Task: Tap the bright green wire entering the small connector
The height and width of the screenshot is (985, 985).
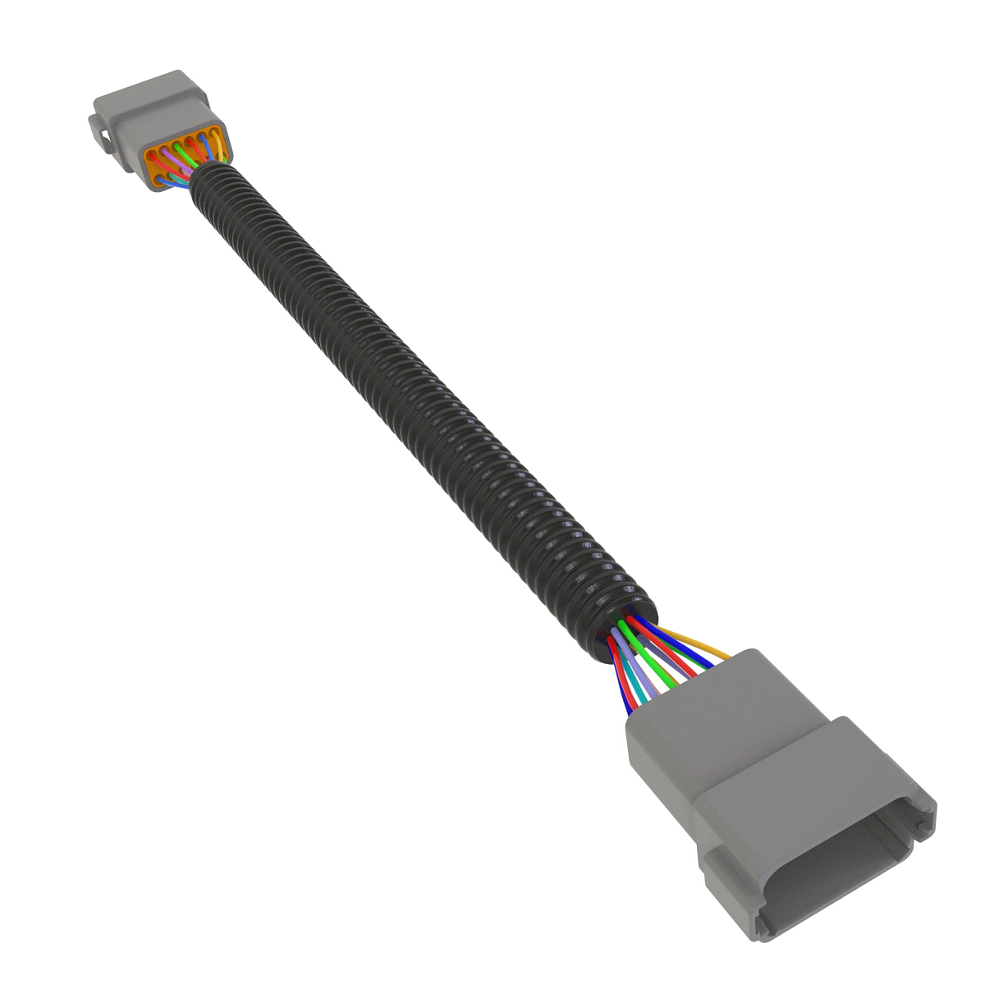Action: coord(184,153)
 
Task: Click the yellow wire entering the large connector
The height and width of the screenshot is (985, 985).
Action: coord(698,644)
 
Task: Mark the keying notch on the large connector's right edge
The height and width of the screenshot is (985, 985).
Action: coord(926,813)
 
